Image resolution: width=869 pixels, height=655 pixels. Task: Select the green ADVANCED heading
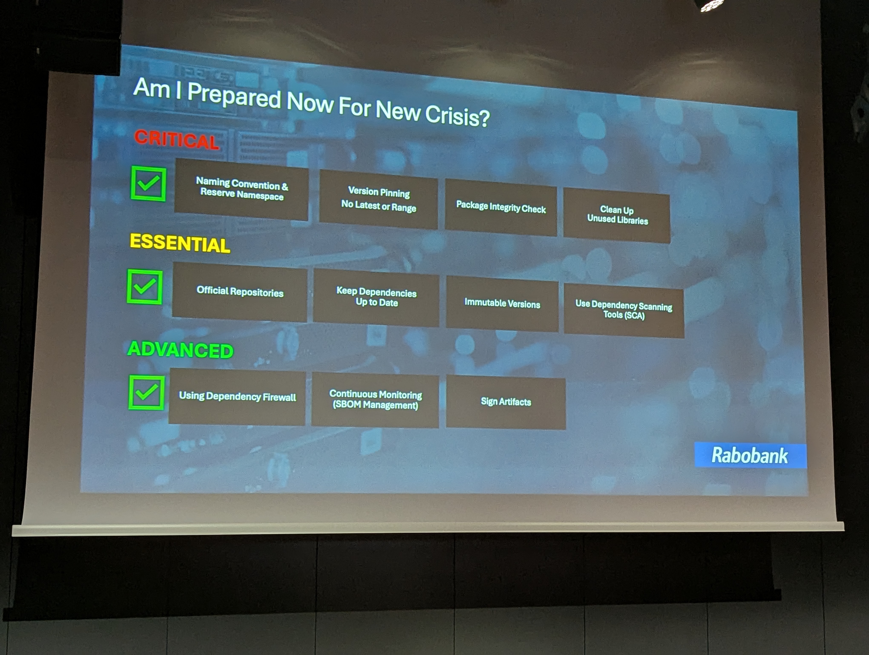pos(180,349)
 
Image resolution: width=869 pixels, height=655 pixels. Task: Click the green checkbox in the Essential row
pos(145,287)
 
